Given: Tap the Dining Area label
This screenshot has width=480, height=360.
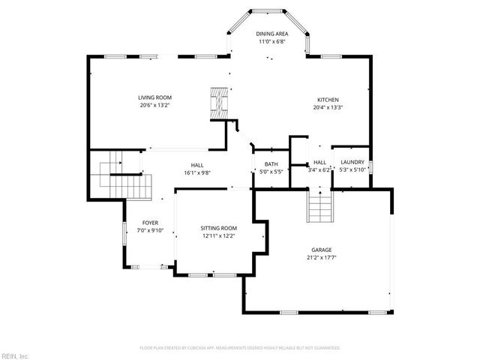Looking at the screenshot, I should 271,34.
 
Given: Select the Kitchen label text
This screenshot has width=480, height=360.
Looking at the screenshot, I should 328,100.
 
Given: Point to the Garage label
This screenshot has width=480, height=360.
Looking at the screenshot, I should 322,250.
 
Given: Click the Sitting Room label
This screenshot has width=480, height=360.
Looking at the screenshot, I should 218,228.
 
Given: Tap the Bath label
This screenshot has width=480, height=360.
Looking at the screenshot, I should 271,163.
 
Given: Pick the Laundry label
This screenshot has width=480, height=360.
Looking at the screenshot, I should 352,162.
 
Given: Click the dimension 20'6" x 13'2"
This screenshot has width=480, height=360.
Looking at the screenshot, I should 155,106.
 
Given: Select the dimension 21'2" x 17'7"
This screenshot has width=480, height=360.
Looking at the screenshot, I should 322,258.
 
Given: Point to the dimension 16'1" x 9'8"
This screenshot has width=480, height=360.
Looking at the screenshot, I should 196,172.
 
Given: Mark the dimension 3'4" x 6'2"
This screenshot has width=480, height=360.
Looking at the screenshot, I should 319,170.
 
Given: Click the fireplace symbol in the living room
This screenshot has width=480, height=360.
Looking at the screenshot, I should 217,101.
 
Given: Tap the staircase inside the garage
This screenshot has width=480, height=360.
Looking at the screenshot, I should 319,208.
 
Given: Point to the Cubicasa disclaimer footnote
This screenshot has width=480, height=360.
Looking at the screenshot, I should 240,348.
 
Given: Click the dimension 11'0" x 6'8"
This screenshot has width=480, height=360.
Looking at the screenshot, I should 271,41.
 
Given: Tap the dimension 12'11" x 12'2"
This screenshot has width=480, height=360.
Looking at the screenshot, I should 218,236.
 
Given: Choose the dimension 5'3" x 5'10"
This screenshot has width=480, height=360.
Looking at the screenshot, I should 352,170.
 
